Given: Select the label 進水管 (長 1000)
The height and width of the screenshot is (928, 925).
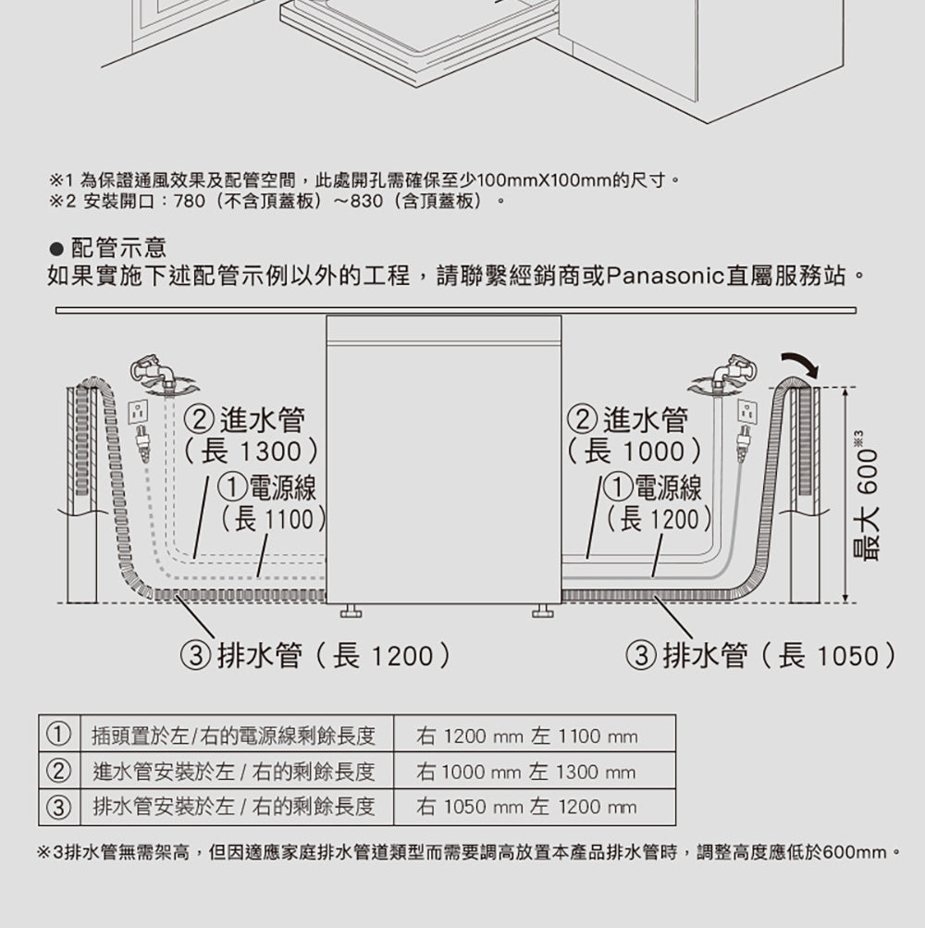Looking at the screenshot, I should pyautogui.click(x=635, y=436).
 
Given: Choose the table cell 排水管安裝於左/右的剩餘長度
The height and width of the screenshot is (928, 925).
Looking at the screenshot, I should pyautogui.click(x=233, y=807).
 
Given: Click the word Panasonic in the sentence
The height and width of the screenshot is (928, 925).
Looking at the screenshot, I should pyautogui.click(x=666, y=276).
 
